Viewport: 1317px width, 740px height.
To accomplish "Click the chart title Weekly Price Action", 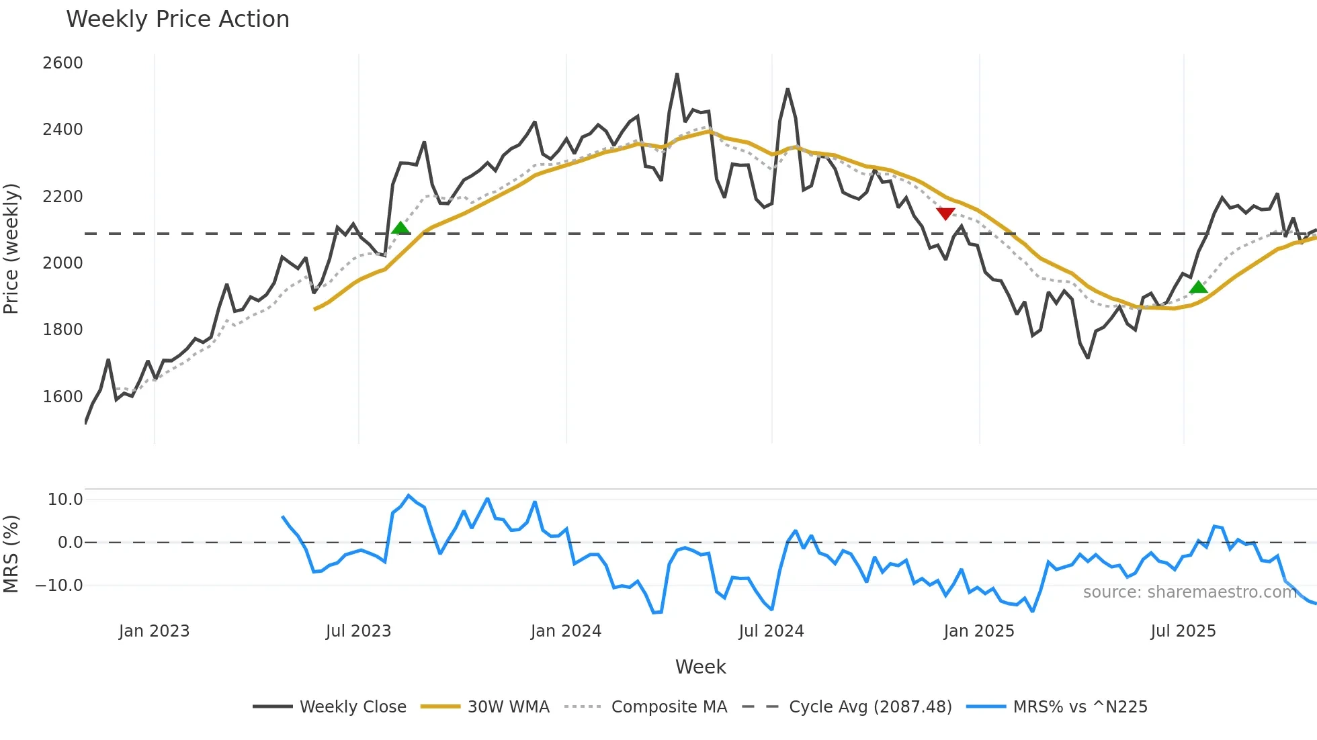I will click(x=177, y=19).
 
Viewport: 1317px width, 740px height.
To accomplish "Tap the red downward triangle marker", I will click(x=945, y=214).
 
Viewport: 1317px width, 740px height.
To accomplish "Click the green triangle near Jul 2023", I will click(x=400, y=228).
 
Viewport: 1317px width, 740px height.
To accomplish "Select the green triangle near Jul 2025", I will click(x=1198, y=287).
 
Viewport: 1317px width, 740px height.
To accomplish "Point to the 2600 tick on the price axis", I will click(x=62, y=63).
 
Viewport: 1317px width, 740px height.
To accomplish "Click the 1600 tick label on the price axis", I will click(x=62, y=397).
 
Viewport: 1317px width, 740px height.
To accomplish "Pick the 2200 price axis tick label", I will click(x=62, y=197).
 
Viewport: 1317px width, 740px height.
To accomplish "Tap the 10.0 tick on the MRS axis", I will click(x=65, y=500).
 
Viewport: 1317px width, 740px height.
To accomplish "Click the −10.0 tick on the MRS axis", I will click(x=59, y=586).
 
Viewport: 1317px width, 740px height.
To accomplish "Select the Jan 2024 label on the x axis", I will click(x=566, y=631).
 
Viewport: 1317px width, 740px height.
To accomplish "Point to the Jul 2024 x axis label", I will click(x=771, y=631).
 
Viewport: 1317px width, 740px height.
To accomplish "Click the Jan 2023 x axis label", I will click(x=154, y=631).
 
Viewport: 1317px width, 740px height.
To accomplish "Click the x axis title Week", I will click(x=700, y=667).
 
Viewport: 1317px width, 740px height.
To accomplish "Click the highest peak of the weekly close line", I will click(x=677, y=75).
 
